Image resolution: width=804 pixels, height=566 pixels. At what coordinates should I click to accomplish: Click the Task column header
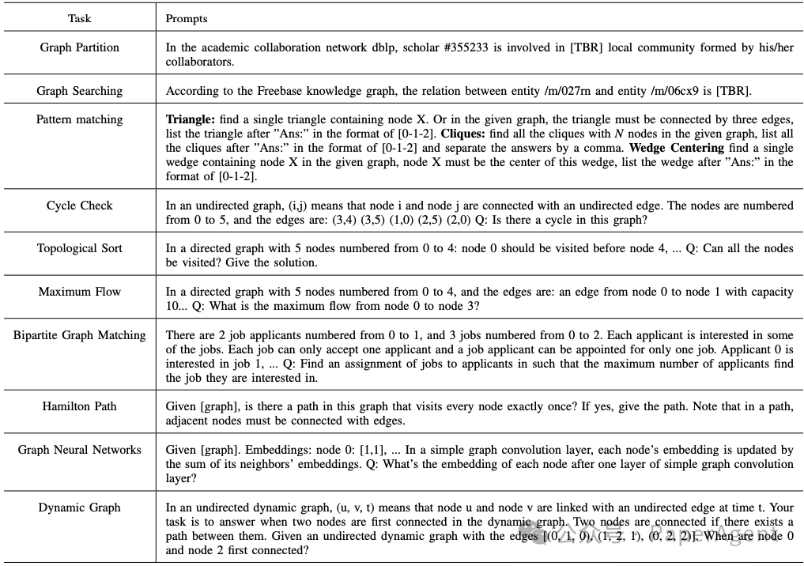point(79,17)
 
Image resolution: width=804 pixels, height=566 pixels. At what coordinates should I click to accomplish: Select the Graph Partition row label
point(79,47)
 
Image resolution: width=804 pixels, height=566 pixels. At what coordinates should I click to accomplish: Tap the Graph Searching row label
point(79,91)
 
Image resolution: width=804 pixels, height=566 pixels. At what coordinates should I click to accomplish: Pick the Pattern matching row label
point(79,119)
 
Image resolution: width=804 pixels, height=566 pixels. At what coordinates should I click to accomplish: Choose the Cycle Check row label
point(79,206)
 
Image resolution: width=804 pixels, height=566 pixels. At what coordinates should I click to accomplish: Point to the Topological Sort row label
point(79,248)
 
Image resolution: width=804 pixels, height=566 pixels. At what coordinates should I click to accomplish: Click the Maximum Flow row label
point(79,292)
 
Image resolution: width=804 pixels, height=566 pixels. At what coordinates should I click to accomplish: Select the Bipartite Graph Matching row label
point(79,335)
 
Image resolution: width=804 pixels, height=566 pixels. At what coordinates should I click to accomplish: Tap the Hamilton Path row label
point(79,406)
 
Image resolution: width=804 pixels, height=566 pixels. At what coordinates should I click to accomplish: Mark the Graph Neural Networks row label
point(79,450)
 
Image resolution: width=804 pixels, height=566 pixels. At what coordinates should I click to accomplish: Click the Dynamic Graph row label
point(79,508)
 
